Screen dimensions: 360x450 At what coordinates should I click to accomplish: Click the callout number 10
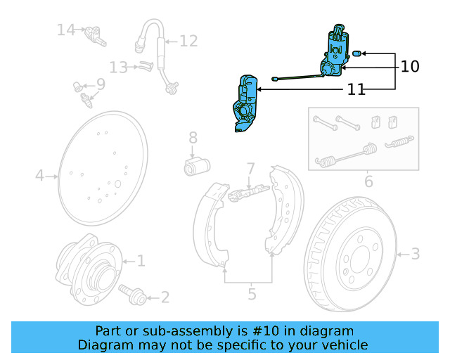tap(410, 67)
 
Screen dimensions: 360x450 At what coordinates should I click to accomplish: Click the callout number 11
tap(356, 90)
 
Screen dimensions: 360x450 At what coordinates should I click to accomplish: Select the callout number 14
tap(66, 30)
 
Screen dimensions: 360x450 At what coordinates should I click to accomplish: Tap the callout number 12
tap(188, 41)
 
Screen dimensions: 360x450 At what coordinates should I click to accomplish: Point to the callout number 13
tap(118, 67)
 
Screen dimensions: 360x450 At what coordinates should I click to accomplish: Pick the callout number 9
tap(101, 84)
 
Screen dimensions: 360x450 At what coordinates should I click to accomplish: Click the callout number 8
tap(193, 138)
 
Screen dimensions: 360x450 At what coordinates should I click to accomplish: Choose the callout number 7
tap(250, 169)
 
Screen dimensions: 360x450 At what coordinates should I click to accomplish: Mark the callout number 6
tap(368, 183)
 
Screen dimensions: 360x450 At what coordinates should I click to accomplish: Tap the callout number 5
tap(252, 294)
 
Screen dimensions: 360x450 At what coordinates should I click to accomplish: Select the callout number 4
tap(40, 175)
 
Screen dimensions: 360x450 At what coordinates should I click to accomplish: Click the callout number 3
tap(415, 253)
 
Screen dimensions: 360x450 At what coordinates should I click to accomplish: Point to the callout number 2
tap(165, 297)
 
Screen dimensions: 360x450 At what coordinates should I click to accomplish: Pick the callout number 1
tap(141, 262)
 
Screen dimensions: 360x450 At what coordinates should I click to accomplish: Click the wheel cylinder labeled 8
tap(197, 167)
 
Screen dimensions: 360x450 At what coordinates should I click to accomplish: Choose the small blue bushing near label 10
tap(356, 53)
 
